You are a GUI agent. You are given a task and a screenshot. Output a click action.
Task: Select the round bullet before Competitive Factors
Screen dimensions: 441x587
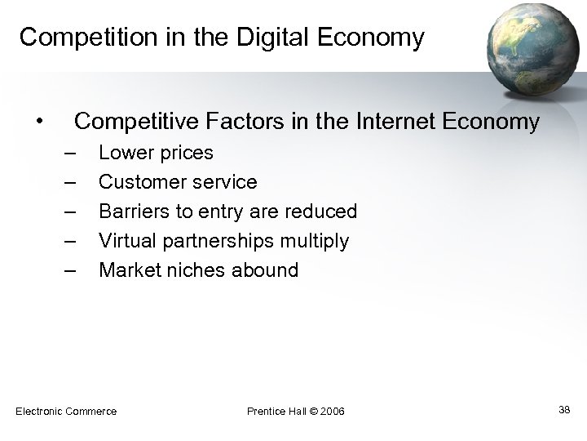point(38,122)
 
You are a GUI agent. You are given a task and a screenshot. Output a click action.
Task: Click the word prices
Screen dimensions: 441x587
point(187,154)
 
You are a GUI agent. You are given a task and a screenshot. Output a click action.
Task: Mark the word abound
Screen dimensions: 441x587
point(265,270)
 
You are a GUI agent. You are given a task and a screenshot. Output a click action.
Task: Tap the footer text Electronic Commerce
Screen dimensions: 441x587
point(66,411)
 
